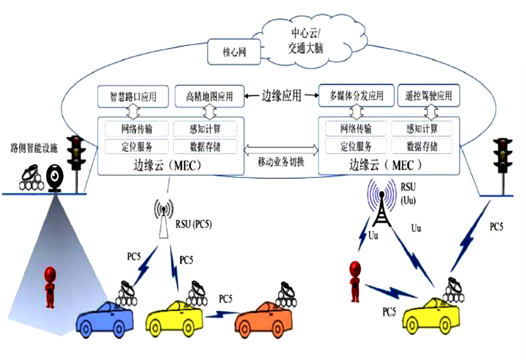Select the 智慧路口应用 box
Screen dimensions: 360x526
tap(133, 96)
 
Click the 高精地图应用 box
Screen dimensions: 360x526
tap(210, 96)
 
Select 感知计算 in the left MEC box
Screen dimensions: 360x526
tap(205, 129)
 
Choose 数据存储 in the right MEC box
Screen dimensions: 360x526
tap(422, 146)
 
